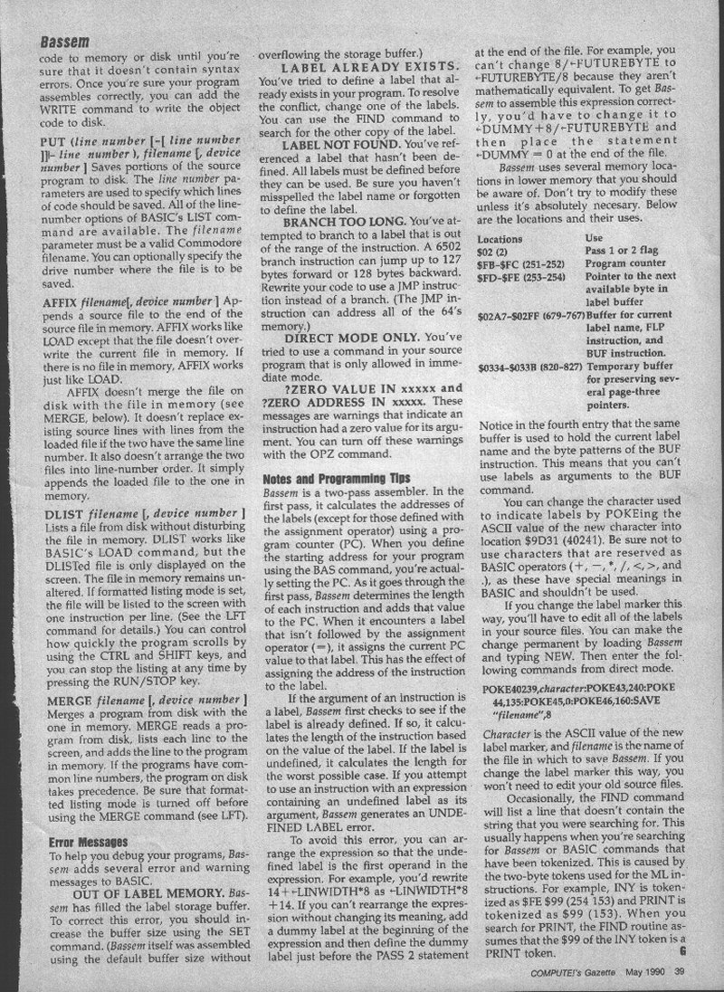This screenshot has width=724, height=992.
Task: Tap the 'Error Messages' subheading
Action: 88,841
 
